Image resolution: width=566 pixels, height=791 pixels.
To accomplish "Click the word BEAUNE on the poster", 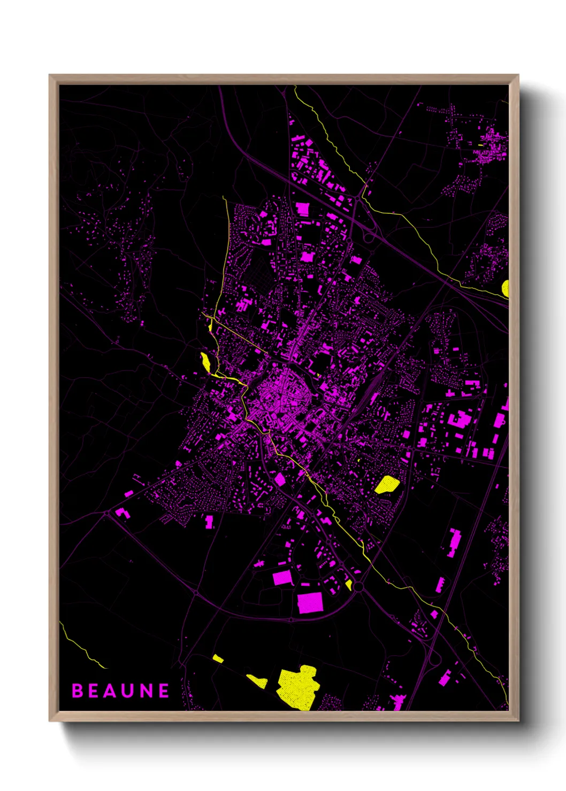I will [x=120, y=691].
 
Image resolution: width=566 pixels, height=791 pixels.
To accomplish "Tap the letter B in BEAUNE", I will [x=78, y=691].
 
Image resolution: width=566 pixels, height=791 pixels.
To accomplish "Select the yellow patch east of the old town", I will [x=387, y=484].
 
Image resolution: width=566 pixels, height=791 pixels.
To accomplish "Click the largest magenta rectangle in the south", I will [x=310, y=602].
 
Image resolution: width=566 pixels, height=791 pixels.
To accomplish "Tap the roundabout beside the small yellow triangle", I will [x=358, y=587].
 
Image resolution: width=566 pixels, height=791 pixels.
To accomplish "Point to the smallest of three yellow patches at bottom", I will [x=218, y=658].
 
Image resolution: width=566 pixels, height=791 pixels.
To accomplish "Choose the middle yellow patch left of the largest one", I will [x=258, y=681].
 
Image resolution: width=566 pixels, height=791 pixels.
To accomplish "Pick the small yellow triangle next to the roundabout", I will [x=349, y=585].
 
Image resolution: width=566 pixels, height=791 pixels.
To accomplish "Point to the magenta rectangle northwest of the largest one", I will [x=282, y=577].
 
